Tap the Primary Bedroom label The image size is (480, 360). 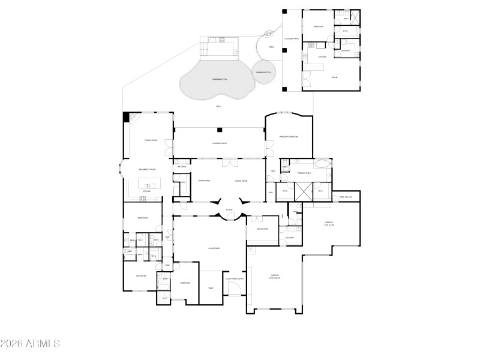coord(289,137)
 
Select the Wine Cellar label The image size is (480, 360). coord(346,197)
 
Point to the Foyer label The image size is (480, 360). coord(229,210)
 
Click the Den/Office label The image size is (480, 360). coord(262,229)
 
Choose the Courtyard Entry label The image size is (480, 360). coord(235,278)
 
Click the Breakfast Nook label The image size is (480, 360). coord(148,169)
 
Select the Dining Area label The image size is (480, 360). coord(204,181)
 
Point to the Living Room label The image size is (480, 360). coord(241,181)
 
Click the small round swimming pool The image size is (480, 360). coord(264,71)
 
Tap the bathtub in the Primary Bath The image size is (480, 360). coord(322,163)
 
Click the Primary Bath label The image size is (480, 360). coord(305,173)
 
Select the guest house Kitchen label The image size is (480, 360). coord(322,57)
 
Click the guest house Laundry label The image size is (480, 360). coord(346,50)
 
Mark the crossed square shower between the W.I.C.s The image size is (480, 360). coord(302,191)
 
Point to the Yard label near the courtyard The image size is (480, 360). coord(211,288)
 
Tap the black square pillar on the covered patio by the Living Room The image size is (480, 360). coord(220,130)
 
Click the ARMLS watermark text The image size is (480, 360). coord(30,344)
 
